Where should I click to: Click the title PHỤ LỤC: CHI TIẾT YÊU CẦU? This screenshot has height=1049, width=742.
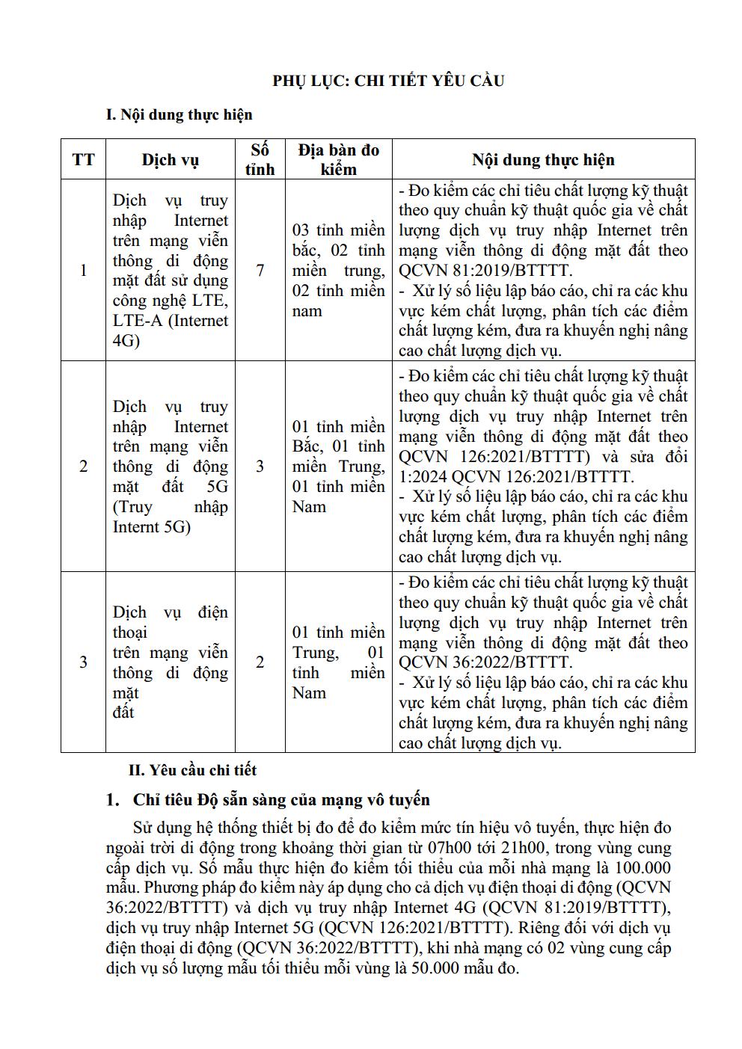[388, 81]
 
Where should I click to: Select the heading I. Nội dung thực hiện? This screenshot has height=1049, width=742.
[179, 114]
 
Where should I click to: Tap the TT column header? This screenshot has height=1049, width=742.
[83, 159]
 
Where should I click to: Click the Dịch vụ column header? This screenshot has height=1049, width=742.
[171, 159]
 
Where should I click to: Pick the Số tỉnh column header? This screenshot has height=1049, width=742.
[260, 159]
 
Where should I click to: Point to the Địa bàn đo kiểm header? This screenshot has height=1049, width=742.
[339, 159]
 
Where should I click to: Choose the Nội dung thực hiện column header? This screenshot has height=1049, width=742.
[543, 159]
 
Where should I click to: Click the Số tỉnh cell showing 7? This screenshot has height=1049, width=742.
[260, 270]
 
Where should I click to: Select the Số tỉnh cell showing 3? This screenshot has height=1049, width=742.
[260, 467]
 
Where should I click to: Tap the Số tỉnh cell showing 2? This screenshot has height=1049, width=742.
[260, 662]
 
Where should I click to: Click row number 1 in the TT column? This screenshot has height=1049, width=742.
[83, 270]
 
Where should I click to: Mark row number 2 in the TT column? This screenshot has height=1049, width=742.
[83, 467]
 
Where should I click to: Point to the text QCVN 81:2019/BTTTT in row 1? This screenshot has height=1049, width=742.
[485, 271]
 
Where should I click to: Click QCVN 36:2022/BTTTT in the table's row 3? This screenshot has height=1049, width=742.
[485, 662]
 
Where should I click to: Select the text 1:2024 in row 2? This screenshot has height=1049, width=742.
[423, 477]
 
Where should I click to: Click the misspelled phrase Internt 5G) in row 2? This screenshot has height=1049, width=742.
[152, 527]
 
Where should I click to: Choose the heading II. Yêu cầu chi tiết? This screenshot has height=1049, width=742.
[193, 769]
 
